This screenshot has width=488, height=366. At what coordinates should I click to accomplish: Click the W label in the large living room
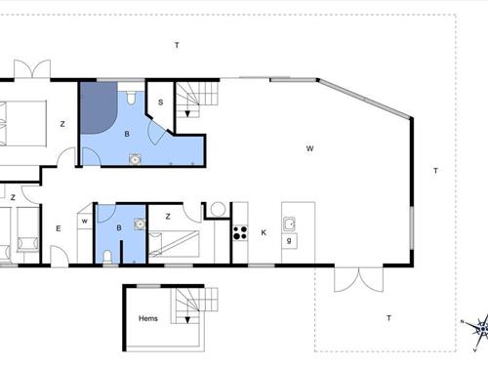click(x=308, y=148)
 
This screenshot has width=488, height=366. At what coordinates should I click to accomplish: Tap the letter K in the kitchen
click(x=264, y=232)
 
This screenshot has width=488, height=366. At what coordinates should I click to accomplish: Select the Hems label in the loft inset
click(x=147, y=318)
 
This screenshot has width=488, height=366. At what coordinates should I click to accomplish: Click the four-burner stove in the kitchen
click(x=238, y=233)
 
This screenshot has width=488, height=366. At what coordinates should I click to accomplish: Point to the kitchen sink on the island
click(x=290, y=224)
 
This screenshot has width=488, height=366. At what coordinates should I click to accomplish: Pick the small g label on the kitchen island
click(x=290, y=239)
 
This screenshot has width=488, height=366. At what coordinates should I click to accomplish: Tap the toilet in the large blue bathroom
click(x=130, y=99)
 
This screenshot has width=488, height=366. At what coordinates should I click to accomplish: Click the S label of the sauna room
click(x=160, y=102)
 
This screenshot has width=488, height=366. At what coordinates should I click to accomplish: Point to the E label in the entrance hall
click(x=58, y=229)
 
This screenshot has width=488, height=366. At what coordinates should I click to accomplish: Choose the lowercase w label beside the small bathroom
click(x=85, y=221)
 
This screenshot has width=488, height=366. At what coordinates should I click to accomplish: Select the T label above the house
click(x=177, y=46)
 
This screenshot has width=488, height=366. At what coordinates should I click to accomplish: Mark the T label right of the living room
click(x=435, y=171)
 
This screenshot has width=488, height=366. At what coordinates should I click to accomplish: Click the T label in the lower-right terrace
click(x=388, y=318)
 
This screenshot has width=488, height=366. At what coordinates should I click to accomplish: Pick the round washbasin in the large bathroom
click(x=133, y=162)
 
